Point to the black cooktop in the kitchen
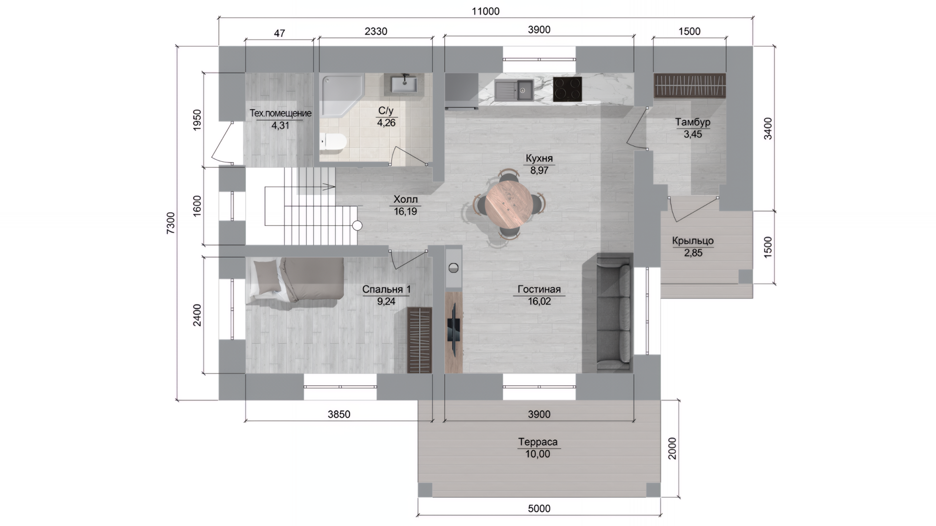pos(567,89)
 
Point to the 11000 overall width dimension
pos(486,11)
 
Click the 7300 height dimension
pos(171,223)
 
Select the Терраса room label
pos(538,442)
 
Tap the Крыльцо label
pos(693,241)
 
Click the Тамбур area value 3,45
pos(693,134)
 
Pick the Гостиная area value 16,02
pos(539,301)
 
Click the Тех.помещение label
pos(280,113)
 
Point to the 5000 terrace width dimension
pos(539,508)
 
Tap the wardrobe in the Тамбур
pos(689,85)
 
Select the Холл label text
pos(406,199)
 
